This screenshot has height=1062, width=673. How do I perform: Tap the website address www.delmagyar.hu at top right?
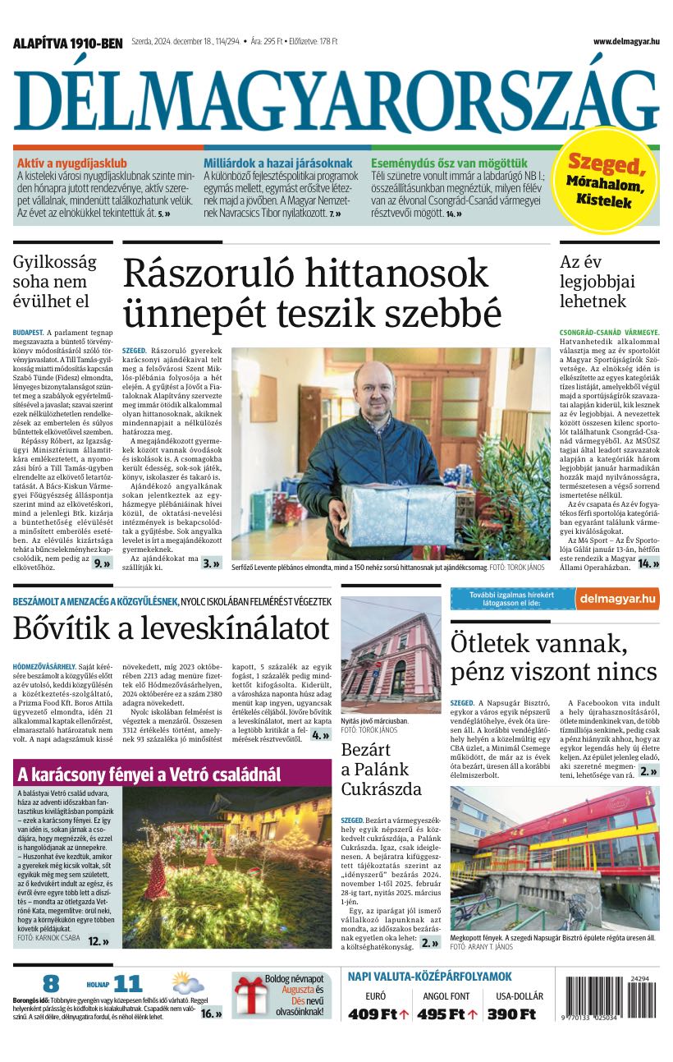(x=625, y=42)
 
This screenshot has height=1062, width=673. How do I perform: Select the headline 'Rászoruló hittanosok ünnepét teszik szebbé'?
(x=312, y=292)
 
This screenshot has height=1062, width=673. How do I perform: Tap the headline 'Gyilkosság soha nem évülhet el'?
(x=54, y=281)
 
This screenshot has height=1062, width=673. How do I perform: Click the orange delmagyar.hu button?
(x=616, y=599)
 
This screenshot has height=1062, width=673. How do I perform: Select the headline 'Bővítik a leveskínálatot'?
(x=171, y=628)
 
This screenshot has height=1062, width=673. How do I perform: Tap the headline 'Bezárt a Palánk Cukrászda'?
(x=382, y=770)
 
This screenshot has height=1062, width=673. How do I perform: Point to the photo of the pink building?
(x=391, y=655)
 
